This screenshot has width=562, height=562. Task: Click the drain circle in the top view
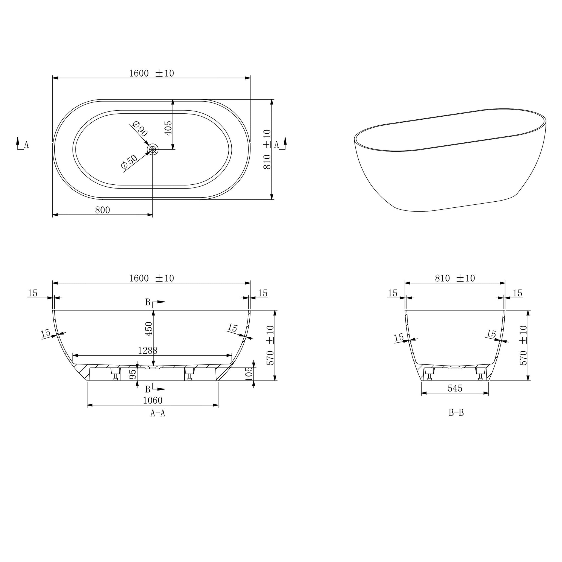pyautogui.click(x=152, y=149)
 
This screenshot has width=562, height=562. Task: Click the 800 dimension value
pyautogui.click(x=102, y=210)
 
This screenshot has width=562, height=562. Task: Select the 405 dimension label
pyautogui.click(x=168, y=128)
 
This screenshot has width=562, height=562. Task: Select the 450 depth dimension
pyautogui.click(x=149, y=328)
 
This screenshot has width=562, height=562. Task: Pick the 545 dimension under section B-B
pyautogui.click(x=455, y=388)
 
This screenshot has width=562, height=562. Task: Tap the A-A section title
pyautogui.click(x=158, y=413)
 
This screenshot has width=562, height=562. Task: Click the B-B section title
pyautogui.click(x=456, y=412)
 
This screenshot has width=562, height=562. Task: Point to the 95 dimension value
pyautogui.click(x=132, y=374)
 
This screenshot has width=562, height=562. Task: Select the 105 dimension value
pyautogui.click(x=249, y=374)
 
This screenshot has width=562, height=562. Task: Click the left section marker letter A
pyautogui.click(x=26, y=145)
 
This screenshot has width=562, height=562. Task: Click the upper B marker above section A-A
pyautogui.click(x=148, y=302)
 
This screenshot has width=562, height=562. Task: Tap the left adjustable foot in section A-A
pyautogui.click(x=116, y=373)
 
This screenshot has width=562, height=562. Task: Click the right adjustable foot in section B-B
pyautogui.click(x=480, y=373)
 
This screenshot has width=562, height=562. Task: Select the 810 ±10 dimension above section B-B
pyautogui.click(x=455, y=278)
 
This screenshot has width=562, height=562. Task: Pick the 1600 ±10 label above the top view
pyautogui.click(x=151, y=73)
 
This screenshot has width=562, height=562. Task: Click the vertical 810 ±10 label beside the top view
pyautogui.click(x=267, y=149)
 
